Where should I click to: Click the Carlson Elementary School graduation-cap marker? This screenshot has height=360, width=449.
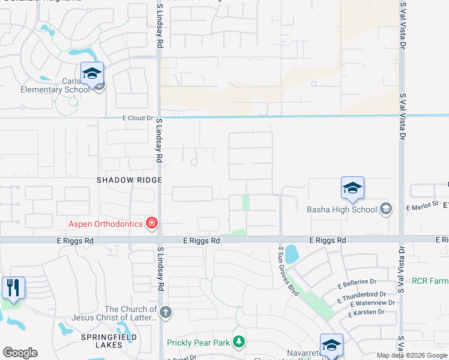[92, 74]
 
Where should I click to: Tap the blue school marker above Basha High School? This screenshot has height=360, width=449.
[352, 188]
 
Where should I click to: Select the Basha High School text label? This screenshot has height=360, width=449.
[342, 209]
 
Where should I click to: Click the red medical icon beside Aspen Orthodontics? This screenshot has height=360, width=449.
[151, 224]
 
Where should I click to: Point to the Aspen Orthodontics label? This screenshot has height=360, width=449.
[105, 224]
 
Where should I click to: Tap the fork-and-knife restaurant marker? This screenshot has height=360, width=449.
[13, 287]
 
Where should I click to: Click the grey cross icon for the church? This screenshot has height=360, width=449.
[166, 312]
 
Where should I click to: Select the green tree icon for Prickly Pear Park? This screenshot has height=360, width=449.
[239, 342]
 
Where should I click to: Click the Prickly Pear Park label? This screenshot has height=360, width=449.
[199, 343]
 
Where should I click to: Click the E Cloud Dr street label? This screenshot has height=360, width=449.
[137, 118]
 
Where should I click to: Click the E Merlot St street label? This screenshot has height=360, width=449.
[423, 207]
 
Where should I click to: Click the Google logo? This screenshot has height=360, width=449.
[20, 353]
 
